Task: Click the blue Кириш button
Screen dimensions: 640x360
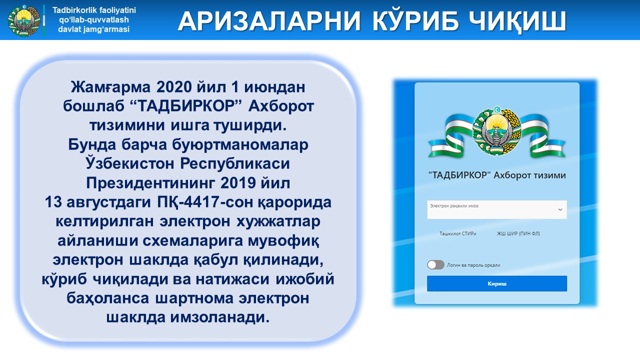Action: pos(497,283)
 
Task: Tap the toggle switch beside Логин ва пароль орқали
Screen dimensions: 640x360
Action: pos(435,265)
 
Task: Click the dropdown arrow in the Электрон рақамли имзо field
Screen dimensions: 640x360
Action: pos(560,209)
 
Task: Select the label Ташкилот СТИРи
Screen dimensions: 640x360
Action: pos(457,233)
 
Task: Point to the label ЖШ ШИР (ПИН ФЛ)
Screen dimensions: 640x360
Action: pos(518,233)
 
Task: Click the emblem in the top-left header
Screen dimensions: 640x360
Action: pos(24,20)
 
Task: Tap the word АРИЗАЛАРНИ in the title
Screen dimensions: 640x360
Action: pos(269,21)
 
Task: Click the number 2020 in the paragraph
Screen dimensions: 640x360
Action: pos(173,87)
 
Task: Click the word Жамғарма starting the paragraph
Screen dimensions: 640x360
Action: pos(110,87)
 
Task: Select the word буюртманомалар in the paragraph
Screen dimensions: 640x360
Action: pos(240,145)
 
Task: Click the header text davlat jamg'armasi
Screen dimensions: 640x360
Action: pos(93,29)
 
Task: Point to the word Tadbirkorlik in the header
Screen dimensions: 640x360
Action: pos(71,10)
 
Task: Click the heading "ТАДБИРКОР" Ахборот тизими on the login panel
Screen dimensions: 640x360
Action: pos(497,175)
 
